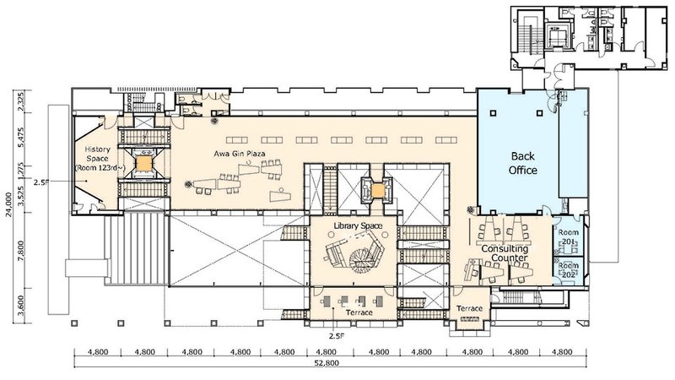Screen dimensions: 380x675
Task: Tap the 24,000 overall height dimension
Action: tap(8, 200)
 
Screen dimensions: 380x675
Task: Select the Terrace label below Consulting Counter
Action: tap(469, 309)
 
